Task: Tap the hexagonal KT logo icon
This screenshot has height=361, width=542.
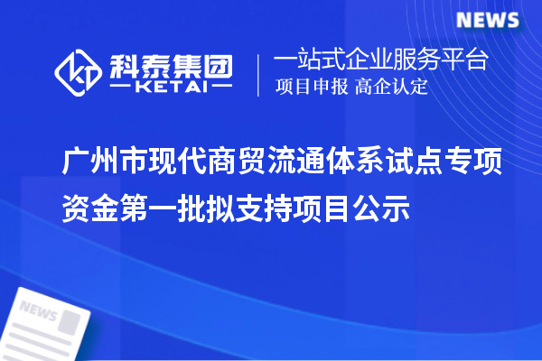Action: coord(79,72)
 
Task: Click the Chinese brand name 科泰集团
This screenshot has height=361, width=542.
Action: coord(170,63)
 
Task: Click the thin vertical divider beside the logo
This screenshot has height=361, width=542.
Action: coord(260,73)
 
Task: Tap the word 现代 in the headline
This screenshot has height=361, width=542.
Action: coord(183,163)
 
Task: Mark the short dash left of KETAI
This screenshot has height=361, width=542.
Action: coord(121,88)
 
